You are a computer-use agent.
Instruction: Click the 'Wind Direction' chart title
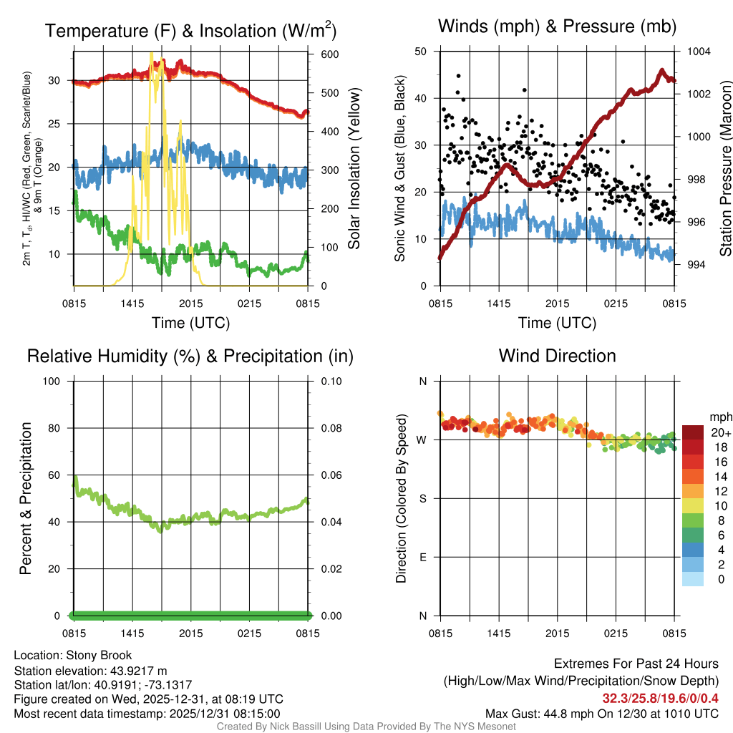(x=557, y=356)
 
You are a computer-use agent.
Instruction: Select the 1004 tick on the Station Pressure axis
(x=697, y=52)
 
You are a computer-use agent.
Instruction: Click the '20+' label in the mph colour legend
(x=720, y=432)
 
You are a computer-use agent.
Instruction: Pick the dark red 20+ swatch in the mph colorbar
(x=693, y=432)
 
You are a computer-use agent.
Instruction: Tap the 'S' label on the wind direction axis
(x=422, y=498)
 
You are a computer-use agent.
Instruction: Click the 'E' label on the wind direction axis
(x=422, y=557)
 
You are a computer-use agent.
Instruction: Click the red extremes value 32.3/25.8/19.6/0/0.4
(x=660, y=698)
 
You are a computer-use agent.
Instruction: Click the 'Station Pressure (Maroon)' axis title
(x=725, y=168)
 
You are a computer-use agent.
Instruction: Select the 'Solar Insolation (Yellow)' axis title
(x=354, y=168)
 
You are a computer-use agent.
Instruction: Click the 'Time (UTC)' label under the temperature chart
(x=190, y=323)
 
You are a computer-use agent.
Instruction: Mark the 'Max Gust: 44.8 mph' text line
(x=601, y=713)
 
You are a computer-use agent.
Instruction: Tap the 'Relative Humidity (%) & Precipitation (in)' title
(x=190, y=356)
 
